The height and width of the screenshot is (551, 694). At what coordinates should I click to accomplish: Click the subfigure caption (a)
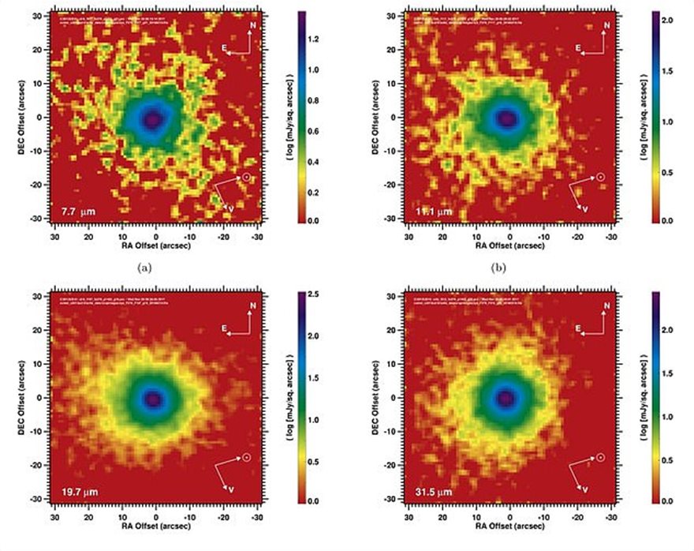144,268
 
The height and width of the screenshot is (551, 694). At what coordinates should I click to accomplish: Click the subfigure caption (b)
498,268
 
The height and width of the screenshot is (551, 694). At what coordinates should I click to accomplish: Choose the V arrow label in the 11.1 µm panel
585,208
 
